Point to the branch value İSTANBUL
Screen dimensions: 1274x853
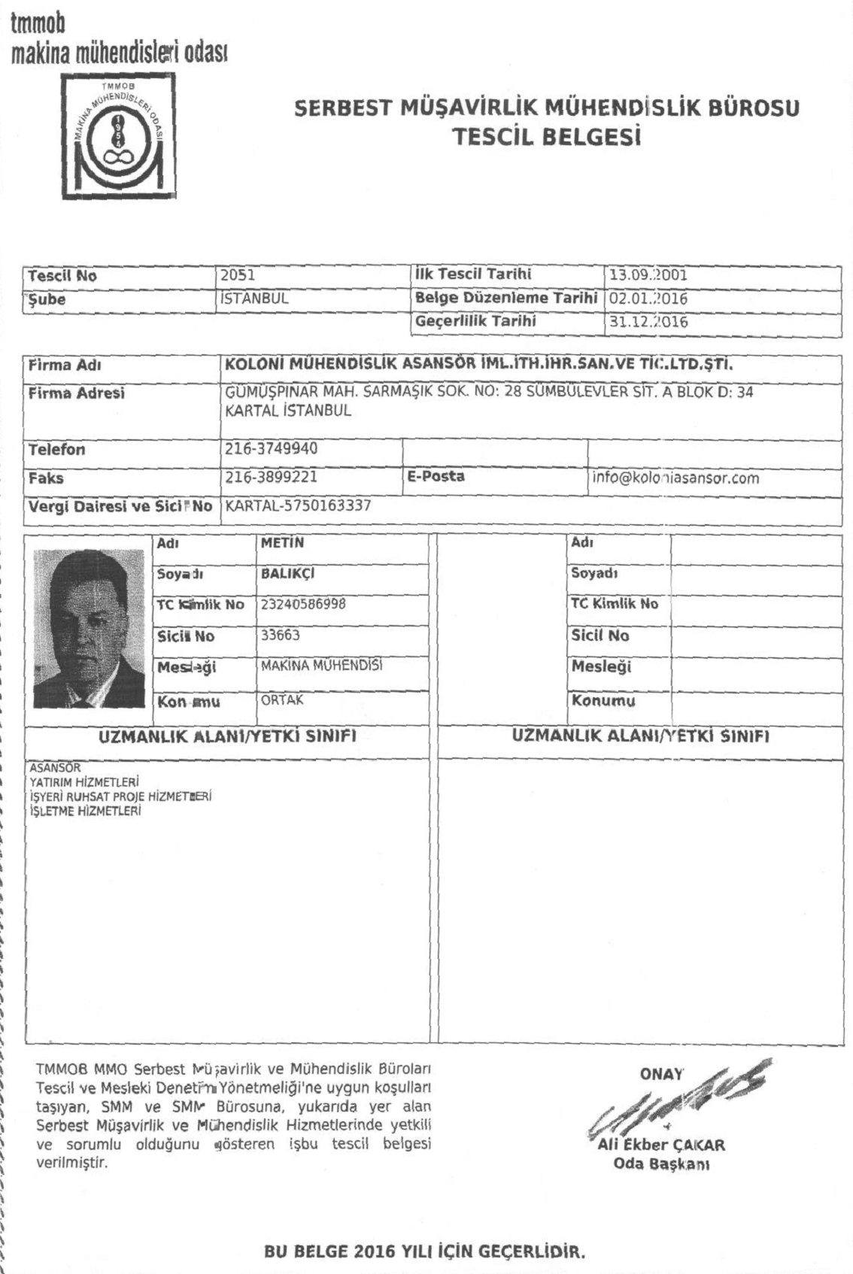coord(254,299)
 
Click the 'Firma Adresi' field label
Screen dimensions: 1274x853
coord(77,393)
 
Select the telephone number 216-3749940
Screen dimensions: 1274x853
coord(272,449)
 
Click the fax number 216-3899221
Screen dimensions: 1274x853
coord(272,478)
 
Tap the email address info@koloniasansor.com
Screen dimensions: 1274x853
coord(676,478)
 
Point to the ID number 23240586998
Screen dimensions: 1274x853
coord(303,603)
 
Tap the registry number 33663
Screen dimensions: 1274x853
coord(281,635)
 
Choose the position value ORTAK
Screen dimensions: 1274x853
coord(282,699)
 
